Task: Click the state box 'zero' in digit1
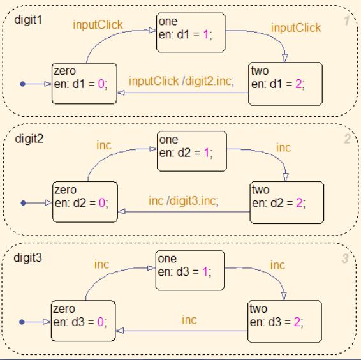point(84,84)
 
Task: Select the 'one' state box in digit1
point(190,31)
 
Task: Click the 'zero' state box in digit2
point(84,202)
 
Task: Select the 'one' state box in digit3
point(190,269)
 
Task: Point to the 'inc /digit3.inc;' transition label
point(184,200)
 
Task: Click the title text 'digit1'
point(27,20)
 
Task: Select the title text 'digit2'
point(27,137)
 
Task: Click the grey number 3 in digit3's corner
point(345,259)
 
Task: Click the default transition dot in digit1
point(23,84)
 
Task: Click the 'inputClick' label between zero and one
point(98,26)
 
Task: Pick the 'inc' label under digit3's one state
point(189,319)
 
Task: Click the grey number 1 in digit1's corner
point(346,21)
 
